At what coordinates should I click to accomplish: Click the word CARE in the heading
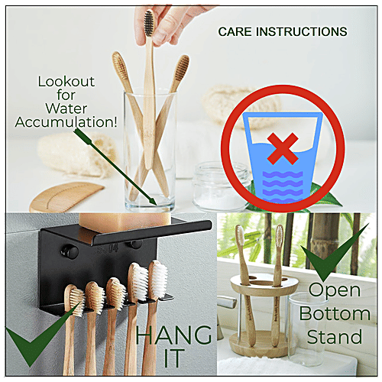coord(235,33)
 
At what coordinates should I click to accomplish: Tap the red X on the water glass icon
coord(283,146)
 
